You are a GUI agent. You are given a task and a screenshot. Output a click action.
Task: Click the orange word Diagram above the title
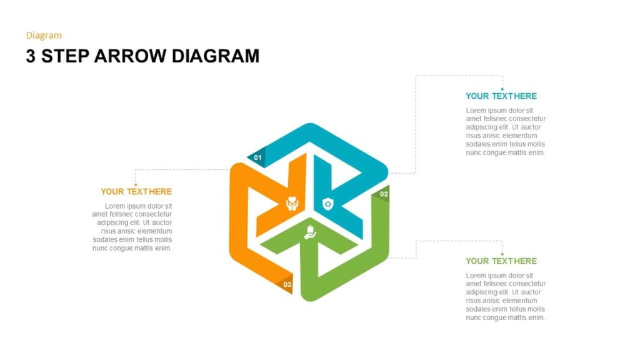coord(44,36)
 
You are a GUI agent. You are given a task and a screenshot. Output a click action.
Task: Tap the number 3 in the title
coord(31,56)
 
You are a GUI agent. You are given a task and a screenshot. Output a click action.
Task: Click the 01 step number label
coord(257,158)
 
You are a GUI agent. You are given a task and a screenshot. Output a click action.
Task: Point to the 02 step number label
coord(384,194)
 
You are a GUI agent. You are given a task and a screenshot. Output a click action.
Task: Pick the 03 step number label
coord(287,285)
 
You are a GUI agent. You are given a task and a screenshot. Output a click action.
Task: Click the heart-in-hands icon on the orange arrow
coord(292,204)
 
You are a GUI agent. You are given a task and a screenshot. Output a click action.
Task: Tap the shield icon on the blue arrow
coord(328,204)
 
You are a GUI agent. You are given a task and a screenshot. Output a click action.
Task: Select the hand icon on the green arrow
coord(310,232)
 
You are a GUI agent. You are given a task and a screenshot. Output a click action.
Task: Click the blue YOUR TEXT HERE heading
coord(501,96)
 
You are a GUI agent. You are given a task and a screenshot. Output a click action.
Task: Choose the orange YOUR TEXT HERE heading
coord(136,192)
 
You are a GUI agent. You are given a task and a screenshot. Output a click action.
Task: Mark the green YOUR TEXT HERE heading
coord(501,261)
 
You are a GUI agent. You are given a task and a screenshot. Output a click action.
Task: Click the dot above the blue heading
coord(502,89)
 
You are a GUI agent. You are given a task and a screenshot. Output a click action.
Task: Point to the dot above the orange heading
coord(136,185)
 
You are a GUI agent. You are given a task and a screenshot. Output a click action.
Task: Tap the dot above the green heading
coord(502,254)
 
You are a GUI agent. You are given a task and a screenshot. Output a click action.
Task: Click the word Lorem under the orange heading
coord(116,206)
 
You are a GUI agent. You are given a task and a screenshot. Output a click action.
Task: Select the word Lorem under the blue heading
coord(477,111)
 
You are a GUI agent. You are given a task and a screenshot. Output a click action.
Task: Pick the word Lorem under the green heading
coord(477,276)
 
